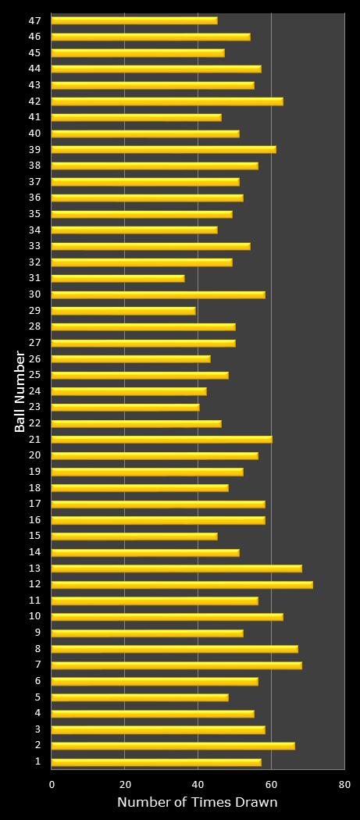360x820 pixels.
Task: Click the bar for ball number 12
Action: [182, 584]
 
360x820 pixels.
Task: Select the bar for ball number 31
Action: [118, 278]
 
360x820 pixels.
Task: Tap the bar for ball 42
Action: [167, 101]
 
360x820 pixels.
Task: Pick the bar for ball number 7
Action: [176, 665]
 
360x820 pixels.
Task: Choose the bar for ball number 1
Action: [156, 761]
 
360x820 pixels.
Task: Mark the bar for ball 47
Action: [134, 20]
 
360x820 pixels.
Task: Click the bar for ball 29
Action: [123, 310]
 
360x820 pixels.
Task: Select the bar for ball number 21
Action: [162, 439]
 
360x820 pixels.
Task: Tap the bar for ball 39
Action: [163, 149]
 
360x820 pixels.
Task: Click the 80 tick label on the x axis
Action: [344, 784]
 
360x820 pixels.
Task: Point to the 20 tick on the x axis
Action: [125, 784]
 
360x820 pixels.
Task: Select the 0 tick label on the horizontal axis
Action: [52, 784]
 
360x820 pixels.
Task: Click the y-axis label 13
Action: [35, 568]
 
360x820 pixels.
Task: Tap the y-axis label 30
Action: [35, 294]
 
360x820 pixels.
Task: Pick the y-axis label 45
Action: [35, 52]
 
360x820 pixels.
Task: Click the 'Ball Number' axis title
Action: [20, 391]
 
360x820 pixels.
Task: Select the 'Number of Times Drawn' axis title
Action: [198, 803]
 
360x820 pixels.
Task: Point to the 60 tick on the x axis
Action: [271, 784]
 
